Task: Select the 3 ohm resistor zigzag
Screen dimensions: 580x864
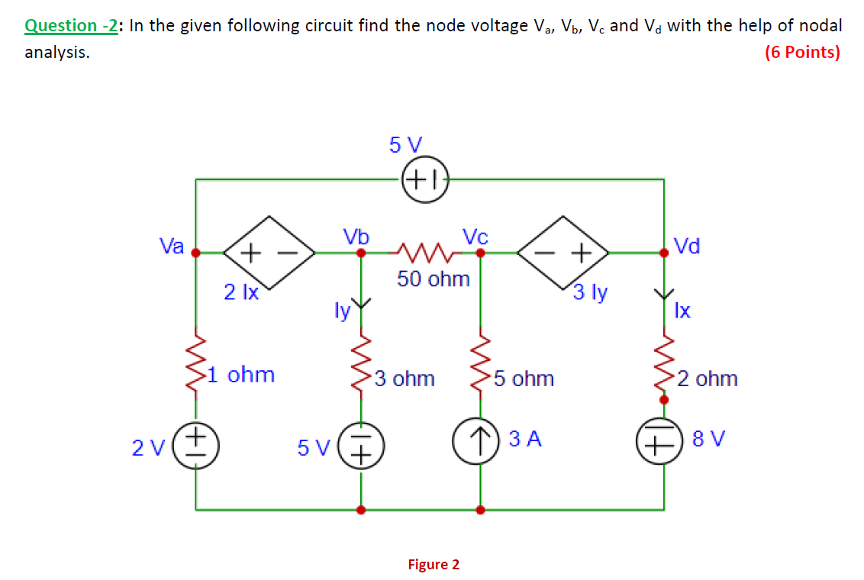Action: coord(362,362)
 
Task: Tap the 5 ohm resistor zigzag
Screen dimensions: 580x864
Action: coord(480,362)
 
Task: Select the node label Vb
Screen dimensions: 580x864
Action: coord(356,236)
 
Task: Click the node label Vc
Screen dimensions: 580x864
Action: coord(475,236)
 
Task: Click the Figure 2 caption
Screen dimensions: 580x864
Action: coord(434,565)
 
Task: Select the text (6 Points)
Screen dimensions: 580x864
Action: coord(801,53)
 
